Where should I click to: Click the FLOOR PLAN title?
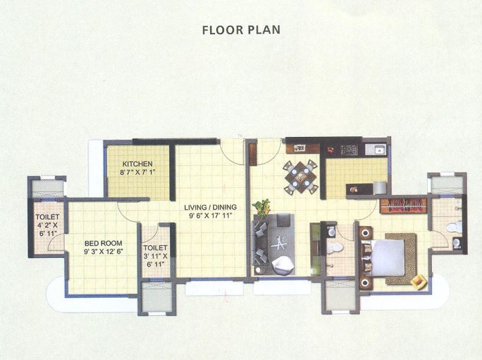[241, 29]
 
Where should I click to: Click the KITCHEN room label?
[137, 164]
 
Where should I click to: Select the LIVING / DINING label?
[211, 207]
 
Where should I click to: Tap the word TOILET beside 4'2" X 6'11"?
[47, 216]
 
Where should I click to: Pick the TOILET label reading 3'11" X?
[154, 248]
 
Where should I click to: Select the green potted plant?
[261, 207]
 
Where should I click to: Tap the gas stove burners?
[349, 149]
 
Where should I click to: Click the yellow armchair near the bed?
[419, 281]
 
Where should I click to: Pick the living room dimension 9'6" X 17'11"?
[211, 216]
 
